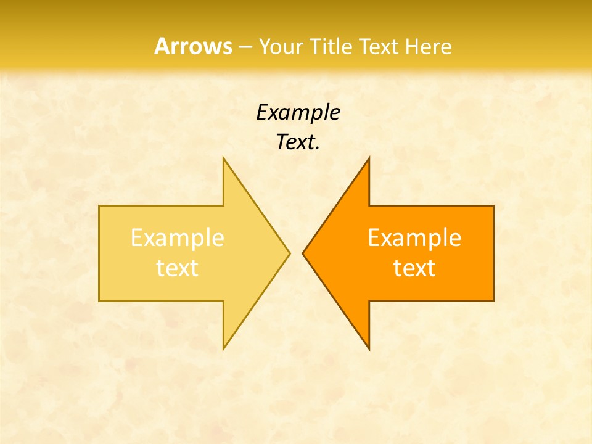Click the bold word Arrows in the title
pos(193,47)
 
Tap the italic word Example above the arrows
pos(298,113)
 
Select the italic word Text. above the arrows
pos(298,142)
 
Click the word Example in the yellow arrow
pos(178,238)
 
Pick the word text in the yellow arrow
pos(178,268)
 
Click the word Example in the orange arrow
pos(414,238)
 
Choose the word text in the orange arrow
pos(414,268)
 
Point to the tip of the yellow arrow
pos(289,253)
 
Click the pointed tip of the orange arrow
pos(303,253)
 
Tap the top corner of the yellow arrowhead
pos(224,158)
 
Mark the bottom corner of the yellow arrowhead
pos(224,348)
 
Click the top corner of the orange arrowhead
pos(368,158)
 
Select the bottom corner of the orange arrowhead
pos(368,348)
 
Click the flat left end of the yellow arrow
pos(100,253)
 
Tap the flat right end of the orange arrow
pos(493,253)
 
